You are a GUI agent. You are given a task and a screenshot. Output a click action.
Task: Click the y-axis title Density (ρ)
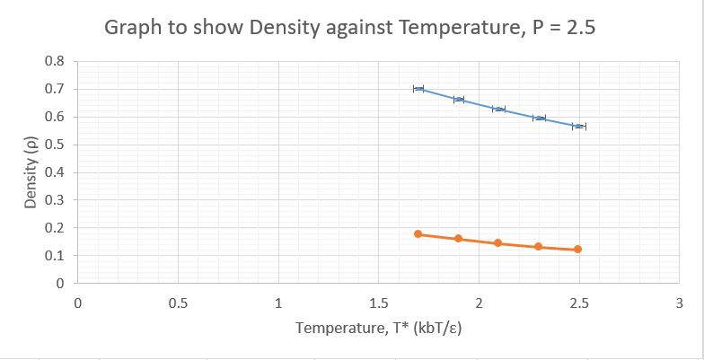pos(30,172)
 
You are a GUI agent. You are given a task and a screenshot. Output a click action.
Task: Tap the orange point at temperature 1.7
pos(418,234)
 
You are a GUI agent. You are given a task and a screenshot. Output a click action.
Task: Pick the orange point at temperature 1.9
pos(458,239)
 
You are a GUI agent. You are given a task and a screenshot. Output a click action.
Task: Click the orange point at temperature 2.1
pos(498,243)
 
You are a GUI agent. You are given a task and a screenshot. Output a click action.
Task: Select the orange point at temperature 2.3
pos(538,247)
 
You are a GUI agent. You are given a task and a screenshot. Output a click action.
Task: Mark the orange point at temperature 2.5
pos(578,250)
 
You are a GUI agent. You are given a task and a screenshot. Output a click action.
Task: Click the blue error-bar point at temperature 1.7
pos(418,89)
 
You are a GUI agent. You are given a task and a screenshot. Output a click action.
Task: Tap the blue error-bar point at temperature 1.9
pos(458,100)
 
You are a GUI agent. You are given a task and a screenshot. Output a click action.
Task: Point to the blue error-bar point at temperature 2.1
pos(498,109)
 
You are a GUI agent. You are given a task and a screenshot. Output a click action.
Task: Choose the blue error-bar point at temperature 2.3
pos(538,118)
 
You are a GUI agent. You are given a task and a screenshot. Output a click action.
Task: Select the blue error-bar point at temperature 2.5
pos(578,127)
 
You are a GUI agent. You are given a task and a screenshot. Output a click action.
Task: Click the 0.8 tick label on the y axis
pos(54,62)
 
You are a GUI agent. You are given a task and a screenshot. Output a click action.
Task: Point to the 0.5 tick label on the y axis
pos(54,145)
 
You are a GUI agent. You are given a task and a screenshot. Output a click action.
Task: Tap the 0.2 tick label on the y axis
pos(54,228)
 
